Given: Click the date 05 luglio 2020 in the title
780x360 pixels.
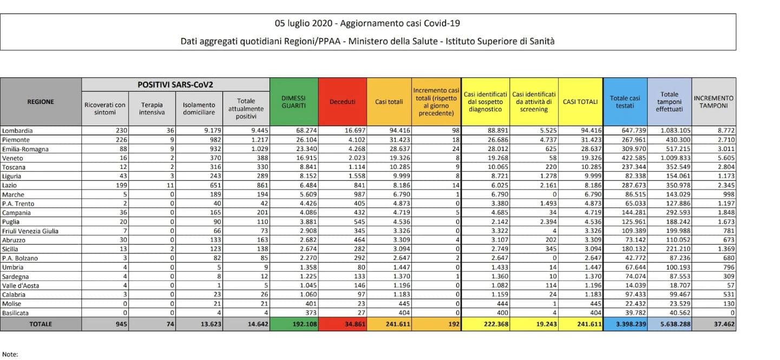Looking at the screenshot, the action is click(303, 23).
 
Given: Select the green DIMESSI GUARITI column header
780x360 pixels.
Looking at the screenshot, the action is click(293, 102).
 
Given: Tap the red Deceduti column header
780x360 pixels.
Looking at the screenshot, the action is click(342, 102).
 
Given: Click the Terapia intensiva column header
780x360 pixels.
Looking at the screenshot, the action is click(152, 109).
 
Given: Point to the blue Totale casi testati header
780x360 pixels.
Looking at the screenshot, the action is click(625, 102).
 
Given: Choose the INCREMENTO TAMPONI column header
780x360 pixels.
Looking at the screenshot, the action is click(713, 102).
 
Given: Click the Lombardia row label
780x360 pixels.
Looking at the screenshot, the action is click(17, 131).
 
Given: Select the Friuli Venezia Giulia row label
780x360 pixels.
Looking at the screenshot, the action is click(30, 231).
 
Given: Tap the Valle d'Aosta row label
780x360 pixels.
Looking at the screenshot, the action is click(21, 285).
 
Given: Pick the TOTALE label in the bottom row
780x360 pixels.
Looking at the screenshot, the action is click(41, 324).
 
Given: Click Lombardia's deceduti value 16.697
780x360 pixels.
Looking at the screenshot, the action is click(355, 130).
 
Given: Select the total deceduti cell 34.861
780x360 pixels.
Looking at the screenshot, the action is click(355, 324).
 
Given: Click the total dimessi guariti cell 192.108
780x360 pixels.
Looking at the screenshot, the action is click(305, 324).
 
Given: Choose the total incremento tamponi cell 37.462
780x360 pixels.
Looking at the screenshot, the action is click(724, 324).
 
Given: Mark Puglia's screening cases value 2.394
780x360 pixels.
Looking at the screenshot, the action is click(548, 222).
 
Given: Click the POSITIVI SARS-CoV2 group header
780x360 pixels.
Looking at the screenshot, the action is click(175, 84).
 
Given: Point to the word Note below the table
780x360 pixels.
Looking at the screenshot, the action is click(10, 355).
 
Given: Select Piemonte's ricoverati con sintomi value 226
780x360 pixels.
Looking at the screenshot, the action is click(122, 140).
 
